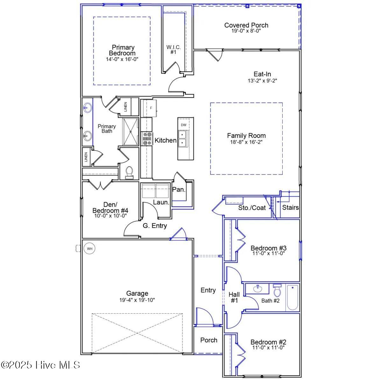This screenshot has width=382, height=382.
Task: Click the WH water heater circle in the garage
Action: click(x=89, y=249)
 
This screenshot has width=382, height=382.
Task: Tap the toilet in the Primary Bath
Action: click(x=129, y=173)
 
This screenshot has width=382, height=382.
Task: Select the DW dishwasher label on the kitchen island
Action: click(x=184, y=125)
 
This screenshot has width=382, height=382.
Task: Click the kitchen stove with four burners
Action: click(x=147, y=139)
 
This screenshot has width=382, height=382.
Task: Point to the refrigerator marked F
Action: click(x=149, y=108)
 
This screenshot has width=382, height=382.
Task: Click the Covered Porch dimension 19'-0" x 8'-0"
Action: click(x=246, y=31)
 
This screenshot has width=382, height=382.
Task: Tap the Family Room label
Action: click(x=246, y=136)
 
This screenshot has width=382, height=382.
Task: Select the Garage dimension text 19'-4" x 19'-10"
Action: click(x=137, y=300)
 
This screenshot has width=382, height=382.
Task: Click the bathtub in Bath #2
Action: click(x=293, y=297)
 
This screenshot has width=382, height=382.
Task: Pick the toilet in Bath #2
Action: click(x=277, y=290)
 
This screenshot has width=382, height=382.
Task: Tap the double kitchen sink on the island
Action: click(x=182, y=138)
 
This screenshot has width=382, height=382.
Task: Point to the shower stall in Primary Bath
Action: click(x=131, y=131)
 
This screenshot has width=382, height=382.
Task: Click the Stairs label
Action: click(x=290, y=207)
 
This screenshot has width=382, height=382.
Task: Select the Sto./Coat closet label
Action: click(x=252, y=208)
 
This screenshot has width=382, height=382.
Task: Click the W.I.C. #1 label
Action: click(x=173, y=50)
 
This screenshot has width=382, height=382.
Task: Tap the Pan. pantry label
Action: click(x=179, y=189)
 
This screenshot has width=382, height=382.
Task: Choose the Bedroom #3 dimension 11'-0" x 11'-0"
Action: click(x=268, y=253)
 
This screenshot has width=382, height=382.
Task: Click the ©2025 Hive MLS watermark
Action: click(x=40, y=365)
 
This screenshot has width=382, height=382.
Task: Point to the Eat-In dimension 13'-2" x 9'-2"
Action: click(x=262, y=81)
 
